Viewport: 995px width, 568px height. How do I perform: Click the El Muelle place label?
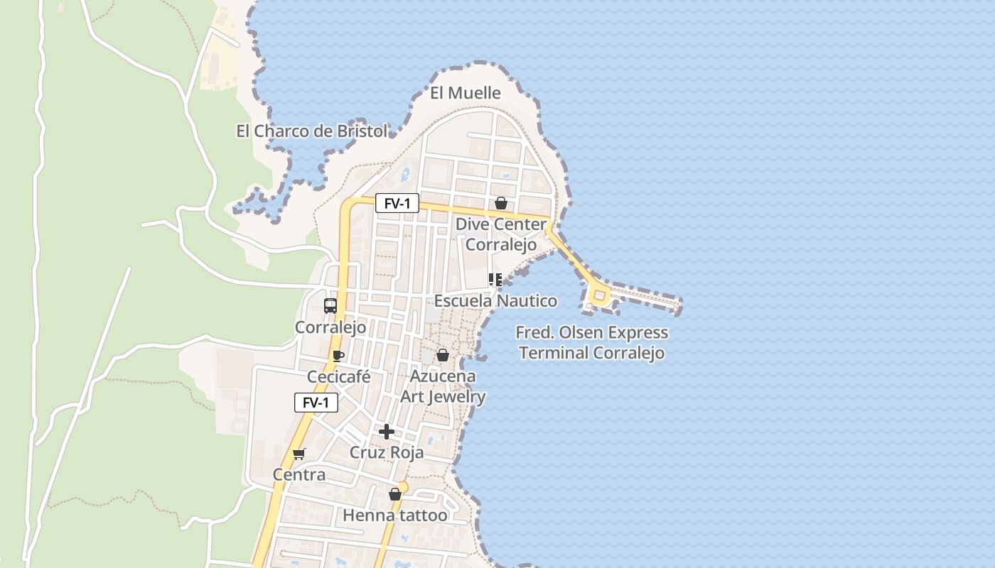[x=466, y=93]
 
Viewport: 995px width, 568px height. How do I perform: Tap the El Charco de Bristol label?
[x=312, y=131]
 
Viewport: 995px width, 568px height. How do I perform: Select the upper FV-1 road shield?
[x=397, y=204]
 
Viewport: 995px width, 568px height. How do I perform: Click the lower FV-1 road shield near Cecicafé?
[x=316, y=403]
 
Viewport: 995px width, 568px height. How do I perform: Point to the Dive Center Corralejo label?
[x=501, y=234]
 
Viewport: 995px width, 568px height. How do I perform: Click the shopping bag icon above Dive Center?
[x=501, y=203]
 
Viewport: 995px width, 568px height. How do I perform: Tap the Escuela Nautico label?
[x=495, y=301]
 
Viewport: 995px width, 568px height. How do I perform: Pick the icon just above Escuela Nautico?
[x=495, y=279]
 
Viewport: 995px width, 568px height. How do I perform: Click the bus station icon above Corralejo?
[x=330, y=306]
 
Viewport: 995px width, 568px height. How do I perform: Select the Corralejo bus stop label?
[x=330, y=327]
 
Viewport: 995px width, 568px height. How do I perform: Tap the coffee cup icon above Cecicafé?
[x=338, y=356]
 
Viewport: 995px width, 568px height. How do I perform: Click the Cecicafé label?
[x=338, y=376]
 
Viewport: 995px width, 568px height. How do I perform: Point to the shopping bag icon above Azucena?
[x=443, y=355]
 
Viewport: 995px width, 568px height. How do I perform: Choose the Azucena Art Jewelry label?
[x=443, y=386]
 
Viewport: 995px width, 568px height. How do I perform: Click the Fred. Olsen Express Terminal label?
[x=591, y=342]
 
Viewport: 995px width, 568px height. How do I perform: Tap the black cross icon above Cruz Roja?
[x=387, y=431]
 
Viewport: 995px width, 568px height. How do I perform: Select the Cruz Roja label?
[x=387, y=452]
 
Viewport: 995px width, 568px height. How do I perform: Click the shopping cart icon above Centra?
[x=299, y=454]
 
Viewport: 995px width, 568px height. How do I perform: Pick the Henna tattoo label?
[x=395, y=515]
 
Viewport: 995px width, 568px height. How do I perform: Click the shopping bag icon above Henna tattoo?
[x=395, y=494]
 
